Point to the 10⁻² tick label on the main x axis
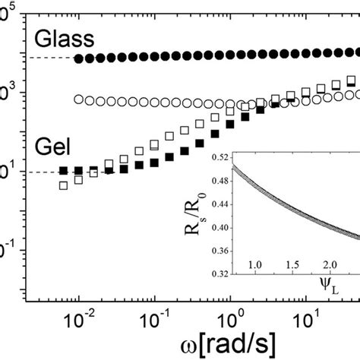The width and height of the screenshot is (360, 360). coord(78,310)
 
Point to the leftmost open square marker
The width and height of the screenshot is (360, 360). coord(64,185)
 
